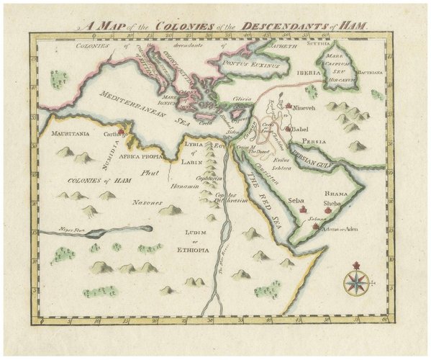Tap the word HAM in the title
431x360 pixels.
355,24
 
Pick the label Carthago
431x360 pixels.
116,134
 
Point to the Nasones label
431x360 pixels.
146,202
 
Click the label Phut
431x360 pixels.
149,173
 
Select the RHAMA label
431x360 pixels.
336,194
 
